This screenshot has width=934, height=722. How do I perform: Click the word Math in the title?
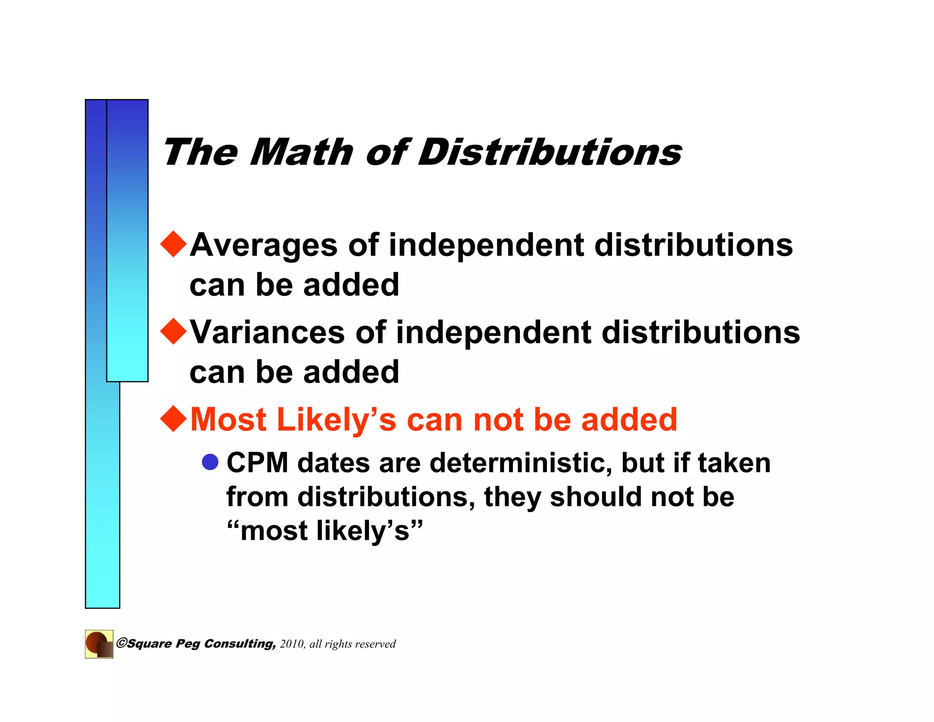click(x=301, y=152)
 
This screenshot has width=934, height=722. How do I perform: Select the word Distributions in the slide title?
click(x=550, y=152)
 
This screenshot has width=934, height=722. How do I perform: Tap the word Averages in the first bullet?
click(x=264, y=245)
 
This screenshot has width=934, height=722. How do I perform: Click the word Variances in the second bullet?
click(x=267, y=332)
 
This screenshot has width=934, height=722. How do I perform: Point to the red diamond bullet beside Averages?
click(x=174, y=244)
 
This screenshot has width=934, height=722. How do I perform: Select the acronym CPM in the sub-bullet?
click(x=257, y=463)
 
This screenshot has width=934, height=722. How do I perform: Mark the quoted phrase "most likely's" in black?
click(x=325, y=531)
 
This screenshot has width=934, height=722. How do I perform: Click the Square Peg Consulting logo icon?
click(x=99, y=644)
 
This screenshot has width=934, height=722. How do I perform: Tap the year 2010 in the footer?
click(x=292, y=644)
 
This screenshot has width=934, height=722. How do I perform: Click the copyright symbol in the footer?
click(x=121, y=643)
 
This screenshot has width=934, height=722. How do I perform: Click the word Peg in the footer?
click(x=188, y=644)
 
